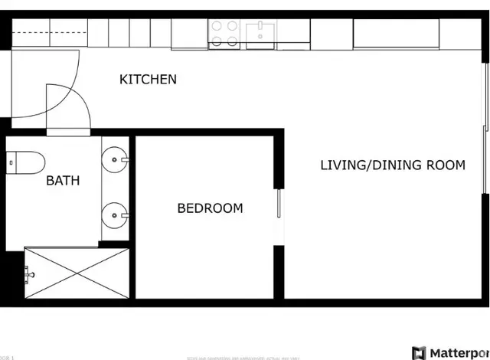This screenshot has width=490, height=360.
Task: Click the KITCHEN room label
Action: tap(148, 79)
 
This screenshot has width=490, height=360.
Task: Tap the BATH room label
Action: tap(63, 181)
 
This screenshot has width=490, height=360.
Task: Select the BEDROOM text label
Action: tap(210, 208)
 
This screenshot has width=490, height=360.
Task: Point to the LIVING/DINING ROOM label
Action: tap(392, 165)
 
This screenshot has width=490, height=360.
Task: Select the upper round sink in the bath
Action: tap(116, 160)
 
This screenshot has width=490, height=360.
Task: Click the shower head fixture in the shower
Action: tap(28, 273)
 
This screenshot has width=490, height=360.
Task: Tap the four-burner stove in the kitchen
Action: tap(225, 34)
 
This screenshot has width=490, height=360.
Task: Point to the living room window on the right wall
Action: tap(485, 138)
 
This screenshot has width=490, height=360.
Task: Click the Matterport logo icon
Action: tap(419, 353)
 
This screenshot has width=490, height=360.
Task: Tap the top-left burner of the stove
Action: tap(217, 27)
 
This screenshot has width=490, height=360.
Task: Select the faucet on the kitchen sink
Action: tap(261, 27)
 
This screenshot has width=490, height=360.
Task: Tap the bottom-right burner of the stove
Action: tap(233, 42)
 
